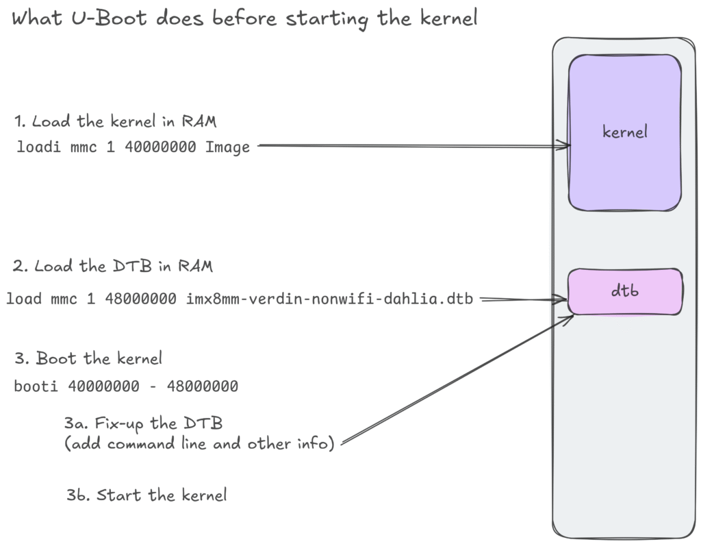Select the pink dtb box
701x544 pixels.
657,301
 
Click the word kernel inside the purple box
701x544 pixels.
624,132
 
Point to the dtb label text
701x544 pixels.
624,290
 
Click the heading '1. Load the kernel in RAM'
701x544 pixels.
115,122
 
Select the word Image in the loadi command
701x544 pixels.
228,147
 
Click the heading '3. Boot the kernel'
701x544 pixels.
88,358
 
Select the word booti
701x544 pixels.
38,386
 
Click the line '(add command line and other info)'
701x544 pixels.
199,444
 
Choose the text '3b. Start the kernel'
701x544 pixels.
146,495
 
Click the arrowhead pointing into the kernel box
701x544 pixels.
565,145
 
